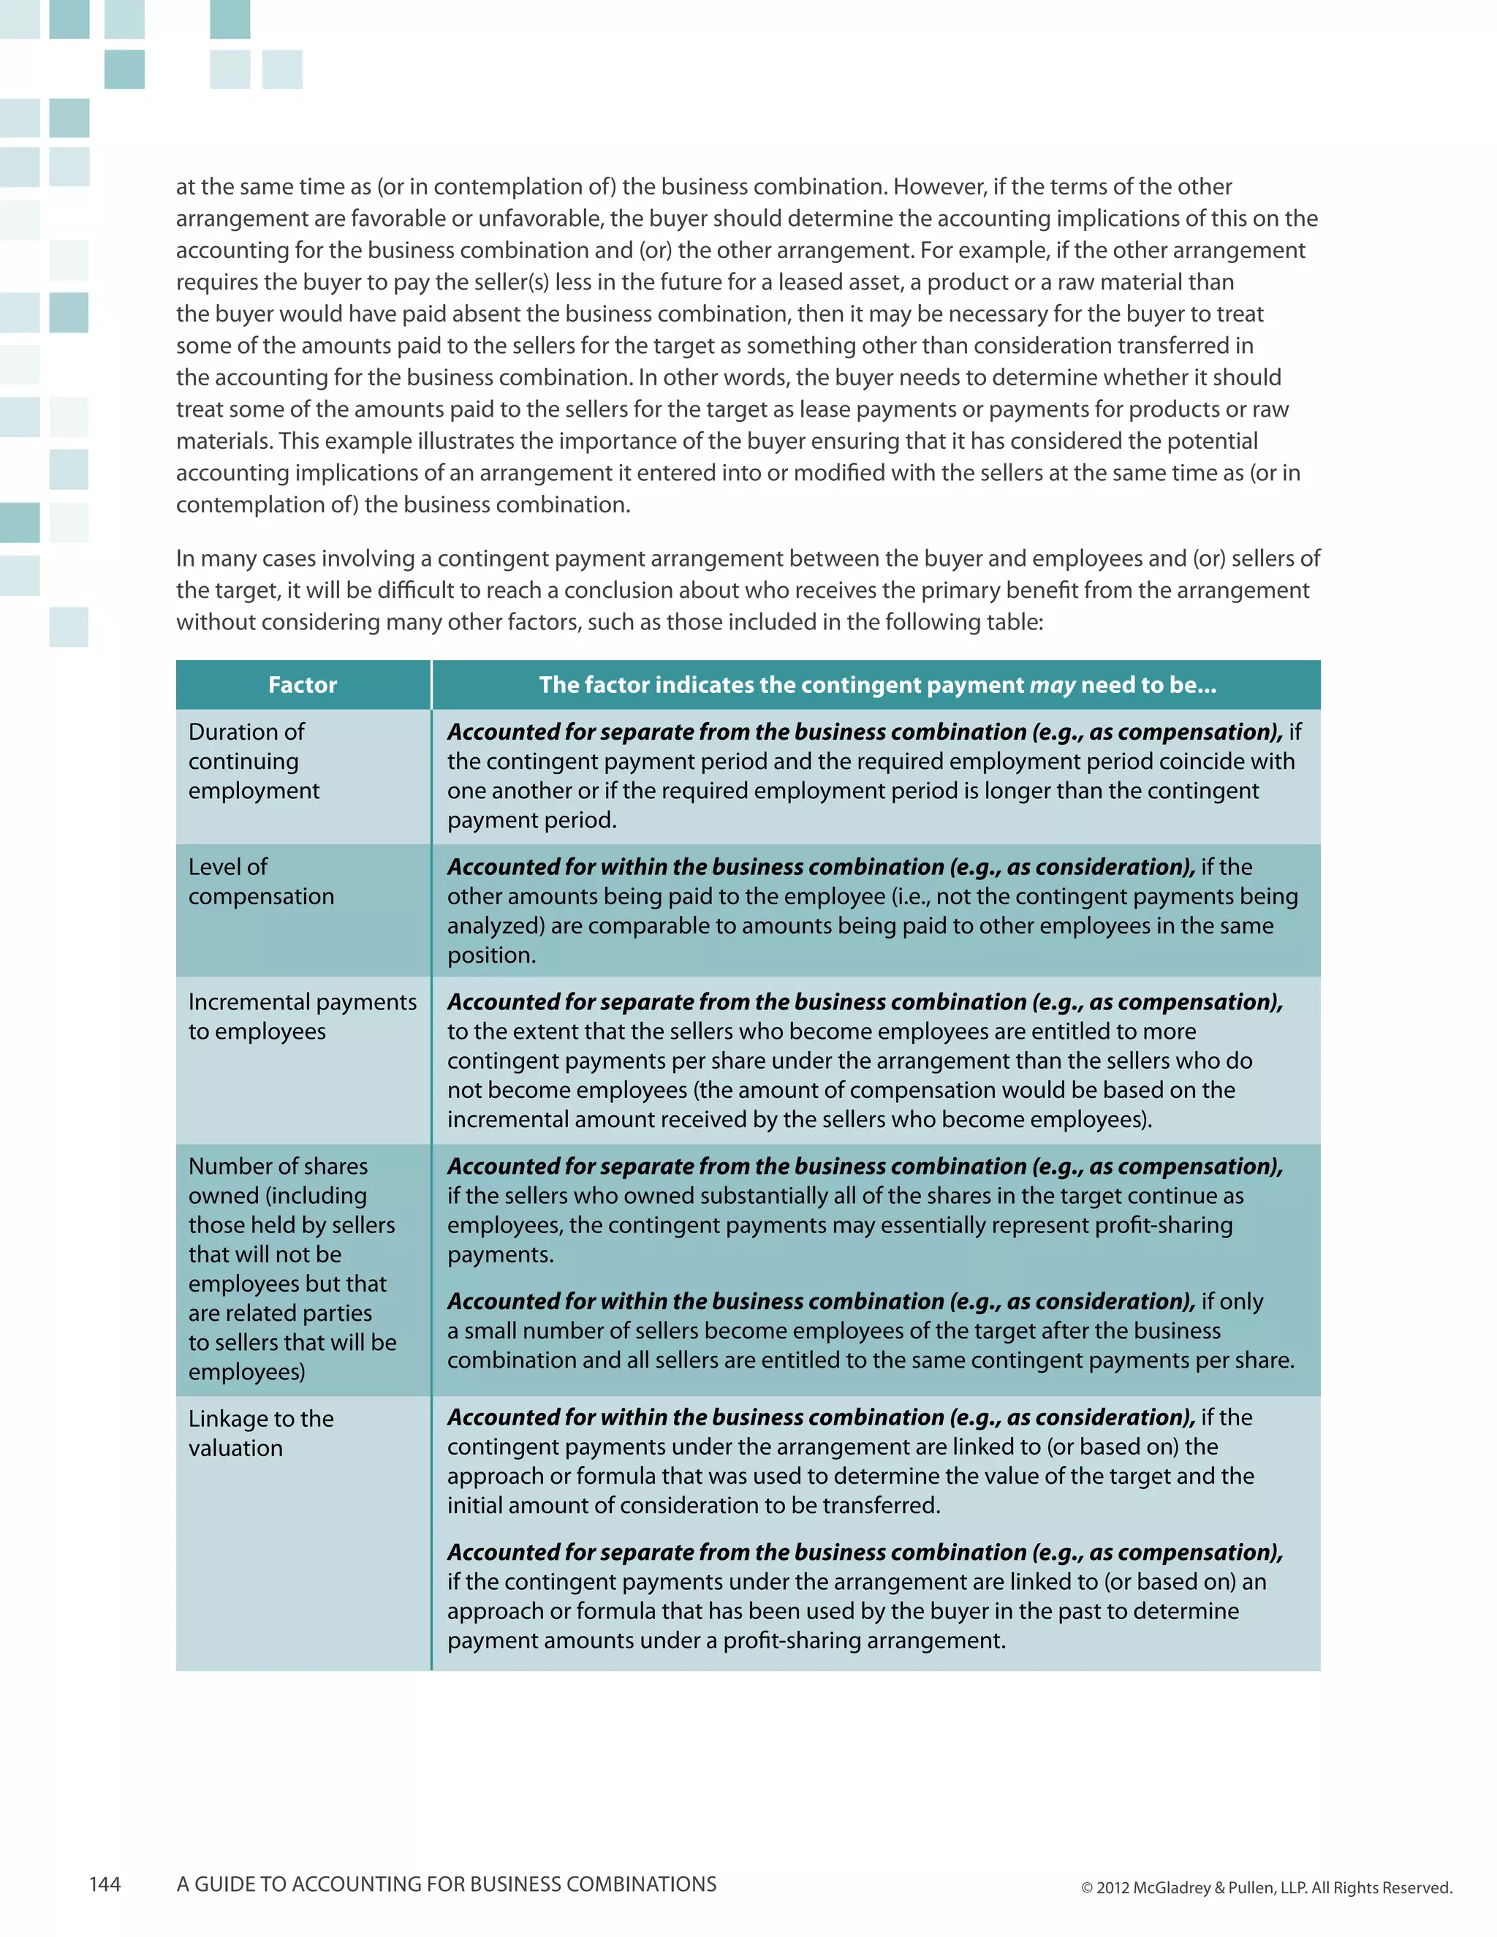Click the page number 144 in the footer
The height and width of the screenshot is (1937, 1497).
105,1884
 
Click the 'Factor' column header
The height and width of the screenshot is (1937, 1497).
303,685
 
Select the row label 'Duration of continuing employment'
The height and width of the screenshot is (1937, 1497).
254,761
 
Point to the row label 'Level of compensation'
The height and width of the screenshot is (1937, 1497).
261,882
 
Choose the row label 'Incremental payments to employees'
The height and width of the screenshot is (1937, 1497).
302,1017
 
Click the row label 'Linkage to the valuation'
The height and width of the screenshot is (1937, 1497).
261,1433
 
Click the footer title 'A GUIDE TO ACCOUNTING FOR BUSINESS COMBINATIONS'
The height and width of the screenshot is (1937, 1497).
446,1884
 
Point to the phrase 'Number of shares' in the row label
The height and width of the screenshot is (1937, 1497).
278,1167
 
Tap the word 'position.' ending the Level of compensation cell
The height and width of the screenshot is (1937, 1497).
491,955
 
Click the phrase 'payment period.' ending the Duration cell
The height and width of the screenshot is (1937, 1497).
531,820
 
